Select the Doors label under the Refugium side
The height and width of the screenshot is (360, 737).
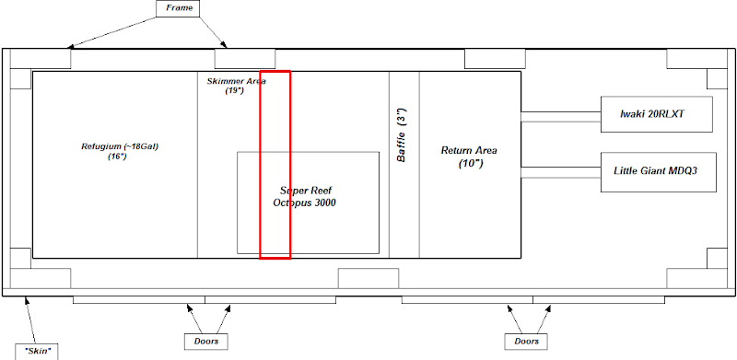coord(205,342)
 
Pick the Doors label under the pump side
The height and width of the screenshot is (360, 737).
coord(526,342)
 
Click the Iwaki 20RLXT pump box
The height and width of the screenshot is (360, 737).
coord(657,114)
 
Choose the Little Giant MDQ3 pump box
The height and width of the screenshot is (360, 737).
coord(658,171)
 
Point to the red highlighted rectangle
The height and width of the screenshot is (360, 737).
coord(275,72)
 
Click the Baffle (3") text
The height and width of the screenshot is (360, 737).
coord(402,134)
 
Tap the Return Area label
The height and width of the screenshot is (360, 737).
coord(469,151)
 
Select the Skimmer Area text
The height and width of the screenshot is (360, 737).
coord(237,81)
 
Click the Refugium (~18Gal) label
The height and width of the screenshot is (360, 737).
coord(120,146)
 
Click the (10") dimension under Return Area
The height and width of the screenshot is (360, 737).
coord(471,165)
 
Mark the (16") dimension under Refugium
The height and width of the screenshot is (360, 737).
coord(117,157)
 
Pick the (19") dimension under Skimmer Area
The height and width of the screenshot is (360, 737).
coord(234,91)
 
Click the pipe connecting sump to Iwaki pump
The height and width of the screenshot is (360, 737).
coord(561,117)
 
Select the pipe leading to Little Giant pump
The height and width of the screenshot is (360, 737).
coord(561,172)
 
